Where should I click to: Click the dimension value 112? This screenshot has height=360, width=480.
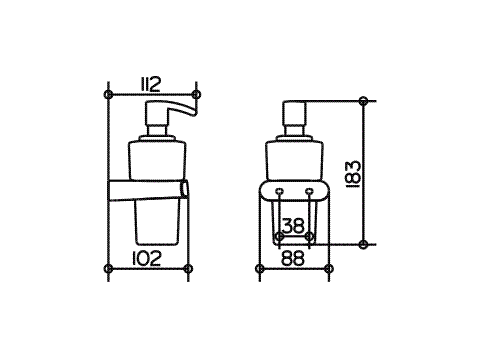click(x=150, y=84)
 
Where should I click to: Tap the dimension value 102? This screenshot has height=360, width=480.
click(x=146, y=258)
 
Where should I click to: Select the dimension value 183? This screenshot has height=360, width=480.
click(x=354, y=175)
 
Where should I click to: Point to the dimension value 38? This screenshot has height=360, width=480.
click(x=293, y=225)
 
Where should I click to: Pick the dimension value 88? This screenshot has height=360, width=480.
click(x=293, y=258)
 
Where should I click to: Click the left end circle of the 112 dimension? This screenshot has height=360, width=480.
click(x=108, y=94)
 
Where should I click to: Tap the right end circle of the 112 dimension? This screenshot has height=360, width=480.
click(x=197, y=94)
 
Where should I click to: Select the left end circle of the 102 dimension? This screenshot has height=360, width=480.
click(x=108, y=268)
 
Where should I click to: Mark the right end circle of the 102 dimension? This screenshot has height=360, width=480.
click(x=188, y=268)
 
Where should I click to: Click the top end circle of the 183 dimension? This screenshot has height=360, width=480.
click(x=364, y=100)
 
